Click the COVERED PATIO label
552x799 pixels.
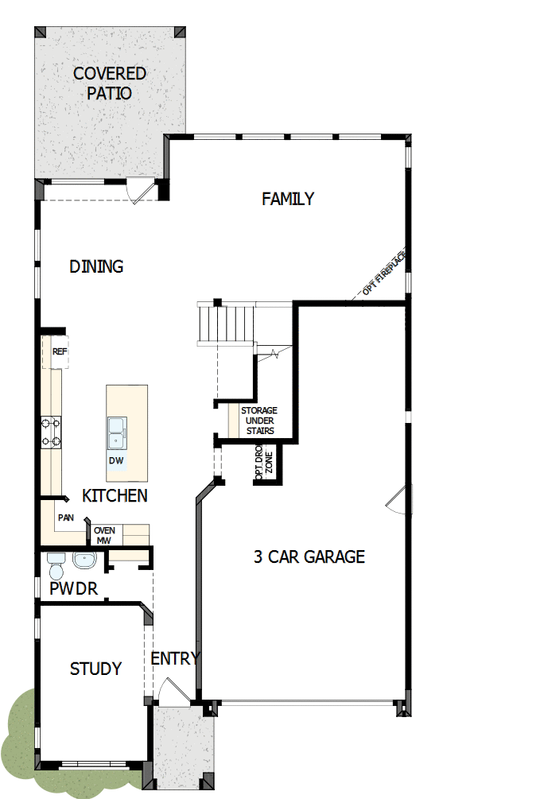click(110, 83)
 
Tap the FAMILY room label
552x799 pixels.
click(288, 199)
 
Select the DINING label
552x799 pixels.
click(96, 266)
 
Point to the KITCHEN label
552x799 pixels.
click(115, 496)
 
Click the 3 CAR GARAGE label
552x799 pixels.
click(309, 557)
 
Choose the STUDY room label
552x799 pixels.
click(95, 669)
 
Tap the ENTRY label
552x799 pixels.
click(175, 658)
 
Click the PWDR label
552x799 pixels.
click(73, 589)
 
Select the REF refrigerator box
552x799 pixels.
click(60, 351)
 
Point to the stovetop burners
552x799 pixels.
click(52, 432)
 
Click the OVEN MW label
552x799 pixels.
click(104, 535)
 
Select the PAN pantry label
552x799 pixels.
click(65, 518)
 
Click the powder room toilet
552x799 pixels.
click(56, 566)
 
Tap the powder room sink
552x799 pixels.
click(84, 560)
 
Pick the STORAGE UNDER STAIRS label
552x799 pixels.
click(259, 421)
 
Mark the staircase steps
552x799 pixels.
click(227, 321)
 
